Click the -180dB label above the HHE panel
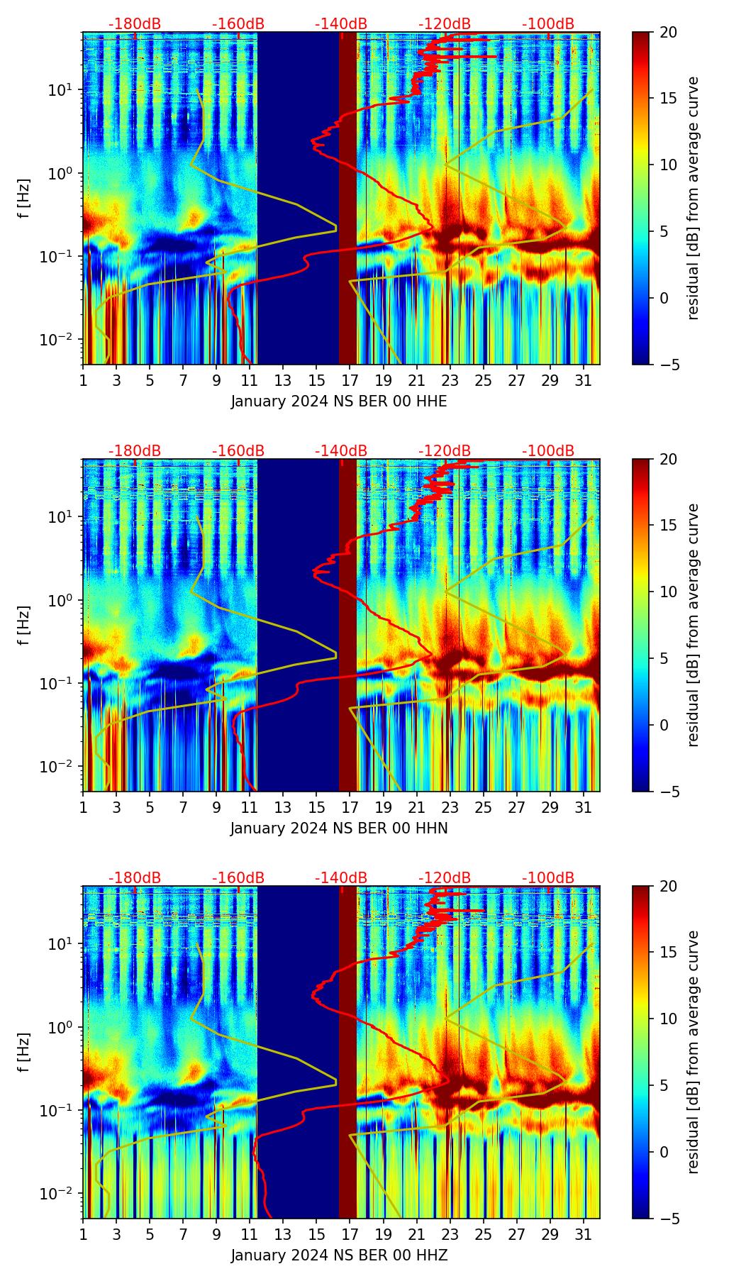tap(135, 24)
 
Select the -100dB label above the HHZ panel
tap(548, 878)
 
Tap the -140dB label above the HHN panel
tap(341, 451)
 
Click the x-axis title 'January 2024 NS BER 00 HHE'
tap(339, 401)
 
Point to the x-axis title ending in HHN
tap(339, 828)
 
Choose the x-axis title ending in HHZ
tap(339, 1255)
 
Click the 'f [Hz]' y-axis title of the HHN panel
tap(24, 625)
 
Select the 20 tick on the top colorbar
tap(668, 32)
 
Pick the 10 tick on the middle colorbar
tap(668, 592)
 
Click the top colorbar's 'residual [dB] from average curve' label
tap(693, 198)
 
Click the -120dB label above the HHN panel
tap(445, 451)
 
